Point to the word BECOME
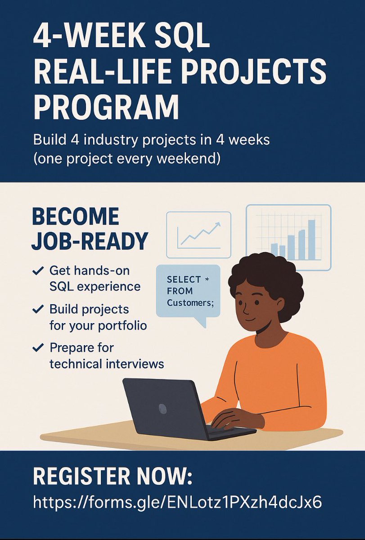[x=76, y=217]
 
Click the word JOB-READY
[x=90, y=242]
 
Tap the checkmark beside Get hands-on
[x=38, y=271]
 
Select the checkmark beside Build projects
[x=38, y=310]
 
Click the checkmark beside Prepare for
[x=38, y=348]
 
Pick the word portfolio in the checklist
[x=121, y=325]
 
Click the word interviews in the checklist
[x=132, y=364]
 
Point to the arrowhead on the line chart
[x=218, y=224]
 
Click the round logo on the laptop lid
[x=163, y=409]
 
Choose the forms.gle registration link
[x=177, y=502]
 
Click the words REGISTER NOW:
[x=113, y=477]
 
